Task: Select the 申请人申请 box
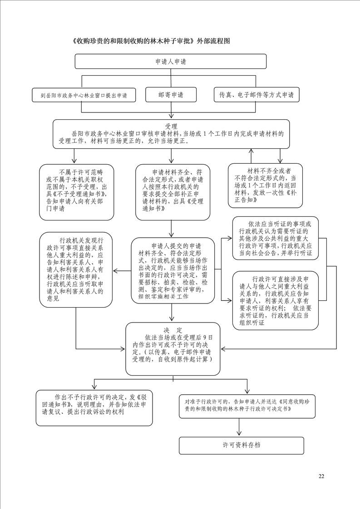click(171, 61)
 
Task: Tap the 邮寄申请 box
click(171, 95)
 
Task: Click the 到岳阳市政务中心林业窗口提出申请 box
click(84, 96)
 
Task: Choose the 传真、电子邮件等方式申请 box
click(256, 95)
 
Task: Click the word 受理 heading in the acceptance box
click(171, 126)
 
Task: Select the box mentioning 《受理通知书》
click(173, 192)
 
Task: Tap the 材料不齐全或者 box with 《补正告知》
click(265, 186)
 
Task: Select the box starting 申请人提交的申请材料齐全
click(173, 271)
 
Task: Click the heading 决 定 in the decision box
click(173, 330)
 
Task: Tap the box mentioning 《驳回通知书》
click(94, 407)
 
